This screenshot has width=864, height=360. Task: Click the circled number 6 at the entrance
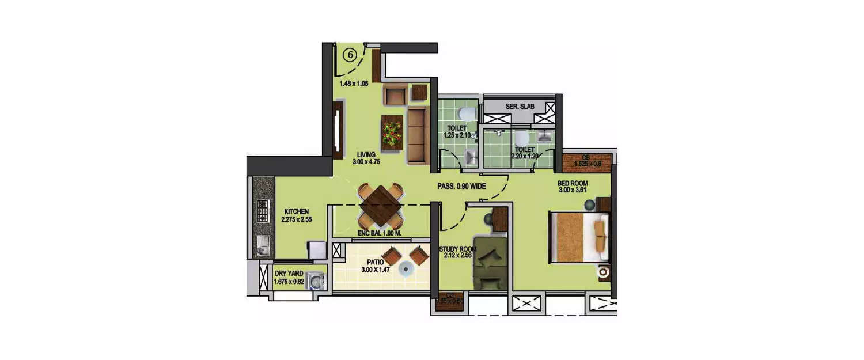[350, 55]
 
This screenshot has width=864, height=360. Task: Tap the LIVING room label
[365, 154]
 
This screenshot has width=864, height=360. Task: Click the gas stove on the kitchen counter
[263, 211]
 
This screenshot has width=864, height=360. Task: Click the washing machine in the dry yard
[316, 281]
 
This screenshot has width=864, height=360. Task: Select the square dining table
[380, 206]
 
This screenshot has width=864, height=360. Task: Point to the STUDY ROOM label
[457, 249]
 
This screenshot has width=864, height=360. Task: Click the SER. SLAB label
[518, 107]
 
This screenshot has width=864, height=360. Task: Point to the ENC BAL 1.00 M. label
[379, 233]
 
